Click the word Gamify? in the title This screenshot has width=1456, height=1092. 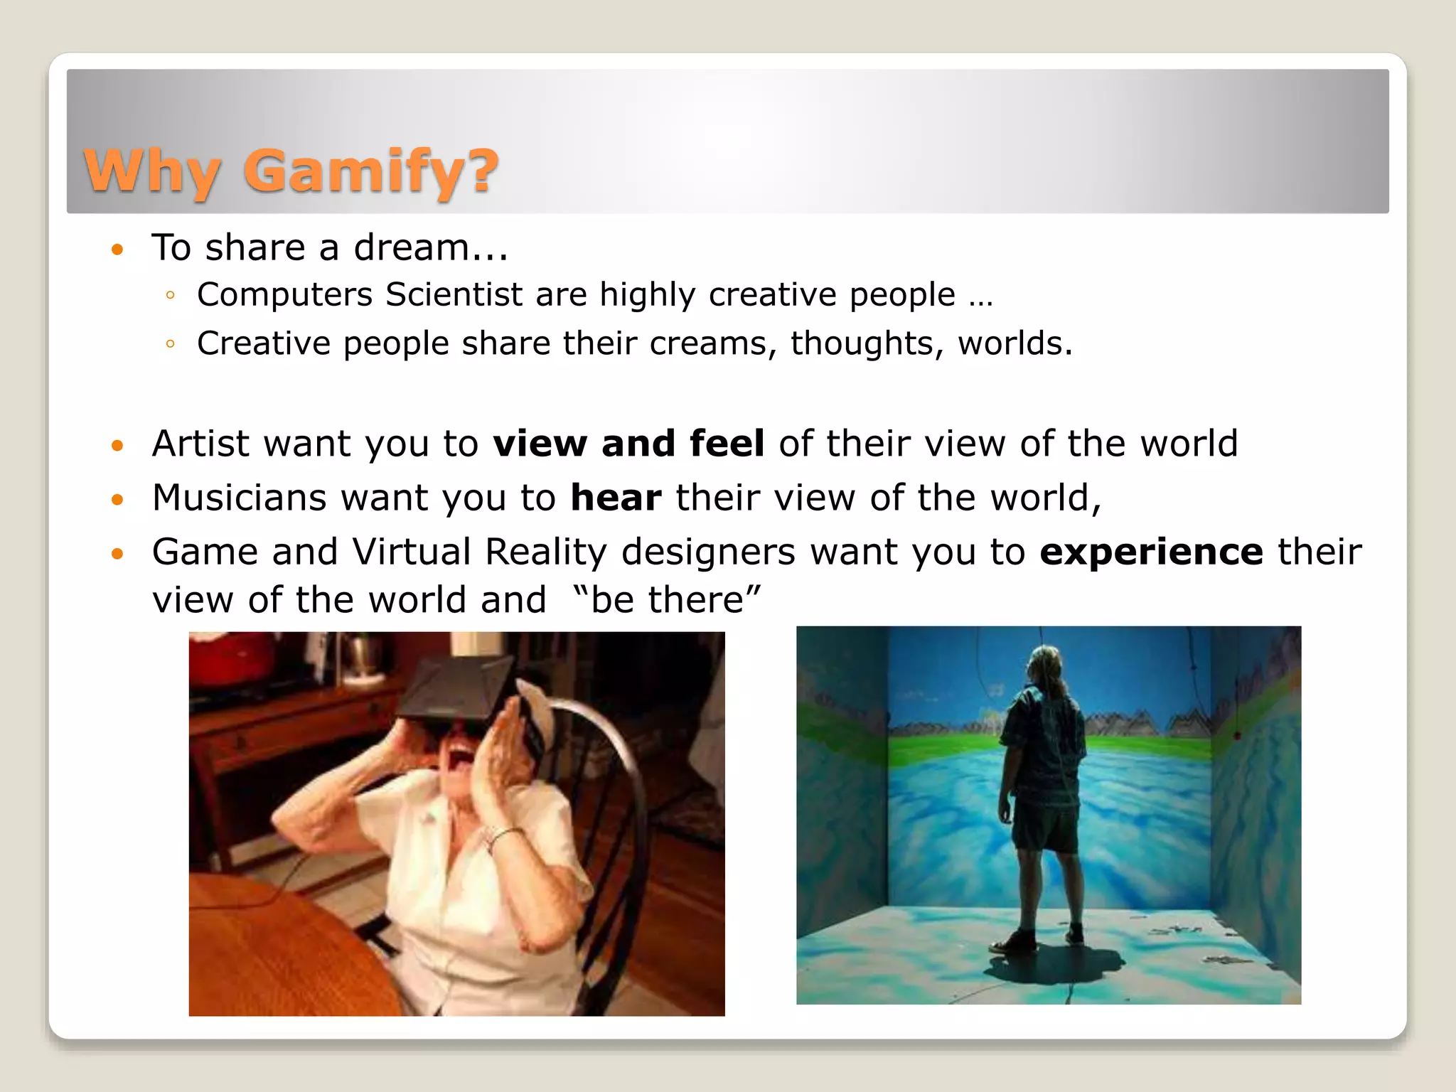click(x=370, y=171)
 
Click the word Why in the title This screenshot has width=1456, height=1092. click(x=151, y=171)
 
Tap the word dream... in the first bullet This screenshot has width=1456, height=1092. click(x=431, y=247)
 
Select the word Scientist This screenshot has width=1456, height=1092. click(x=454, y=294)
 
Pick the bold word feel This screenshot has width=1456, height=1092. click(x=727, y=444)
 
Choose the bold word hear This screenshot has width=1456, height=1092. click(x=616, y=498)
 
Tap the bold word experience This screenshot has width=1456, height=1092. click(x=1151, y=552)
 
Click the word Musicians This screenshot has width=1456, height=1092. click(x=239, y=498)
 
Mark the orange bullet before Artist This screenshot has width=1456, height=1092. click(x=117, y=446)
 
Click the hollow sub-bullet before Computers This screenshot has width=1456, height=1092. click(x=169, y=296)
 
